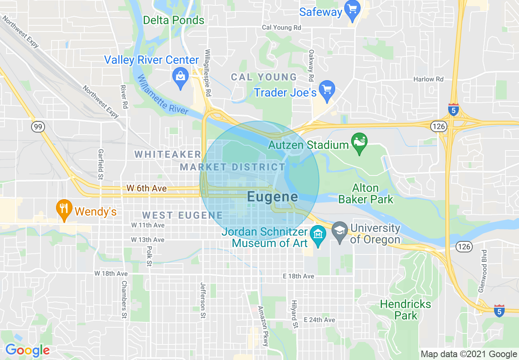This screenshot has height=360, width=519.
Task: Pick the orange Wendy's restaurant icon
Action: coord(63,210)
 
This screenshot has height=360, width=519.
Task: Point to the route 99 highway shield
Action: coord(38,127)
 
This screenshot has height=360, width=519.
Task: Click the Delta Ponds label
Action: coord(174,20)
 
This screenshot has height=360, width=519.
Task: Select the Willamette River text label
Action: coord(163,95)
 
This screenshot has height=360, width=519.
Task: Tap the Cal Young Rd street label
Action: coord(281,28)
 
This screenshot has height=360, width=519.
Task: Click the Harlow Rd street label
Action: coord(428,79)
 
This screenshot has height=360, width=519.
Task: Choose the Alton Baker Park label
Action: coord(372,194)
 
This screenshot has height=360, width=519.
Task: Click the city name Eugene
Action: coord(272,197)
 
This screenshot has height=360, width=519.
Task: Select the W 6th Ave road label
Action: coord(147,188)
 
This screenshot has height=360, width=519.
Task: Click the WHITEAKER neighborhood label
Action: coord(168,154)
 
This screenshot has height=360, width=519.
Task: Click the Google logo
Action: coord(27,351)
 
